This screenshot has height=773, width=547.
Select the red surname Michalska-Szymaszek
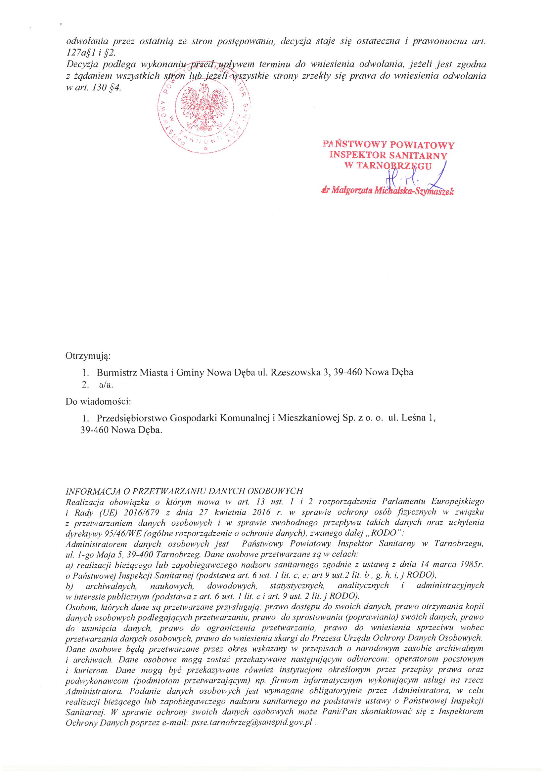pyautogui.click(x=414, y=191)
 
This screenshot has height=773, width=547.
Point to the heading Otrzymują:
pyautogui.click(x=88, y=356)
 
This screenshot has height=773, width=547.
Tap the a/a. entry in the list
pyautogui.click(x=106, y=385)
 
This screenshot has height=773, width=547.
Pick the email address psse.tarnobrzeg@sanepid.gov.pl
pyautogui.click(x=252, y=722)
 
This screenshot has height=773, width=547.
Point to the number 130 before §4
pyautogui.click(x=99, y=88)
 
